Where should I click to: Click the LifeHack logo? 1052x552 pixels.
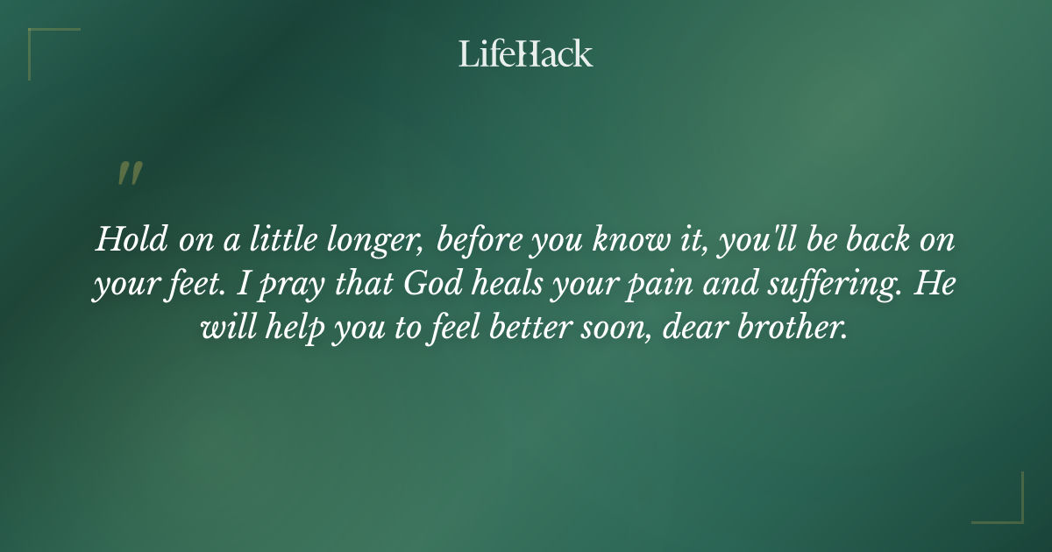tap(526, 53)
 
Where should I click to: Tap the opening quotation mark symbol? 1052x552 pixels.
tap(130, 174)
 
